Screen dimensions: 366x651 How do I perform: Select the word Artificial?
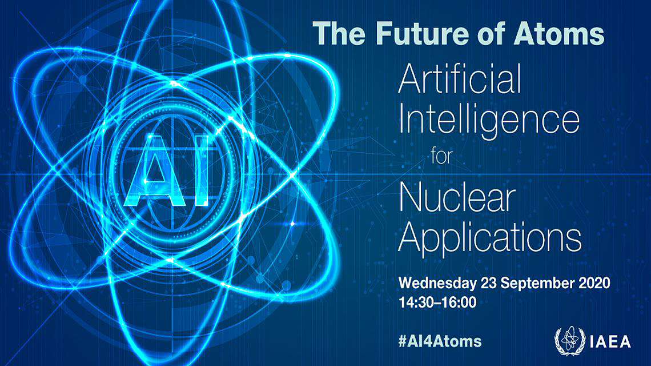(460, 80)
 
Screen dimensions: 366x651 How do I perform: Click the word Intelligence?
(489, 121)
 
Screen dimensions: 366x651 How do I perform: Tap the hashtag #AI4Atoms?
(440, 341)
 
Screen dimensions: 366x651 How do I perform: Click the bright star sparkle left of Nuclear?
(294, 221)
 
